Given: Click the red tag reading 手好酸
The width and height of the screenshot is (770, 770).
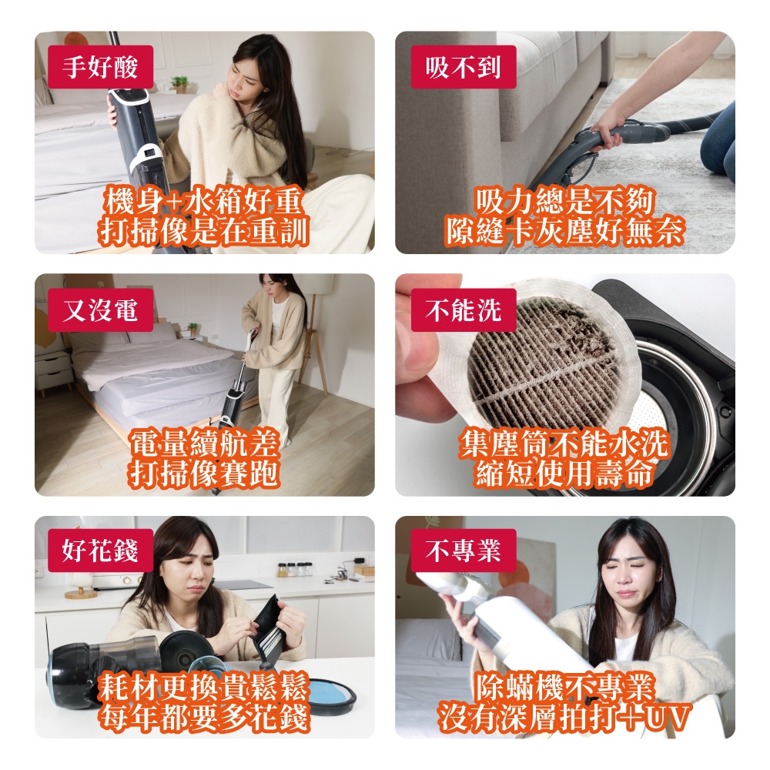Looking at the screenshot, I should (x=100, y=68).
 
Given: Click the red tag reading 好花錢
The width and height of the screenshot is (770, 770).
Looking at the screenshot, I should (x=100, y=551).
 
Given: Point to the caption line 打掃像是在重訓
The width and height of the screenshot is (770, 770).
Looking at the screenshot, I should (x=204, y=231).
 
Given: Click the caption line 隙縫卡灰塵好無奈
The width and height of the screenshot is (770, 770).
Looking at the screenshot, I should (x=564, y=231).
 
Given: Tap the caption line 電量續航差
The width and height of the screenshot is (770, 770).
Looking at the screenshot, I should (x=204, y=444).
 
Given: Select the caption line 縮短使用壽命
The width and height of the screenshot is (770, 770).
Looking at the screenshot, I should (x=564, y=473).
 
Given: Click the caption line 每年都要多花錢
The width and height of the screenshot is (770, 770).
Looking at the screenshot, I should (x=204, y=716).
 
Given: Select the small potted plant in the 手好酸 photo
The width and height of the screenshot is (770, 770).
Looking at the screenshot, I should (x=179, y=83).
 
